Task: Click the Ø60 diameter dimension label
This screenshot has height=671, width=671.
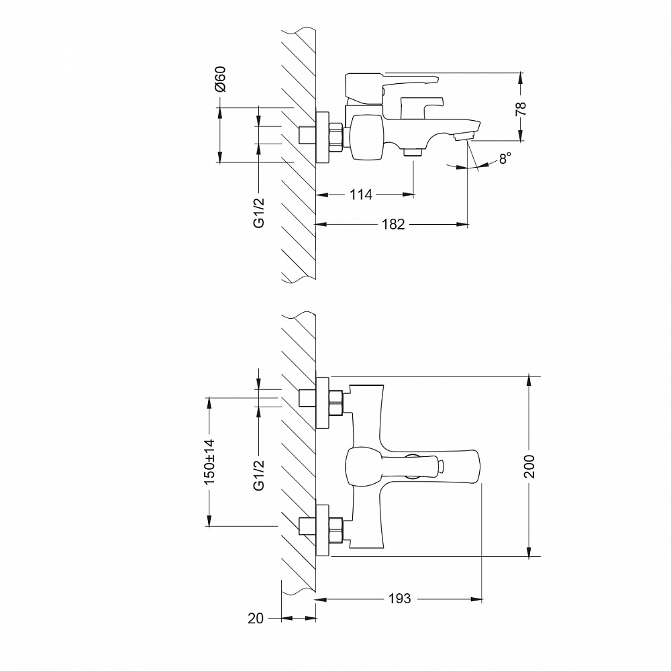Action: pyautogui.click(x=220, y=79)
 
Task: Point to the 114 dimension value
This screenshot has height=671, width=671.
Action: pyautogui.click(x=360, y=195)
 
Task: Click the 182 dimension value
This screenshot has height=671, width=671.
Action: pyautogui.click(x=393, y=225)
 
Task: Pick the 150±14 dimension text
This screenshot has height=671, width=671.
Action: pyautogui.click(x=209, y=462)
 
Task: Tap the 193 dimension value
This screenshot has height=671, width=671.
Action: pyautogui.click(x=399, y=599)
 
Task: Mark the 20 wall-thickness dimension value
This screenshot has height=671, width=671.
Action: pyautogui.click(x=256, y=619)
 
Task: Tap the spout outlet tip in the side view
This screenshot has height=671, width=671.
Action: pyautogui.click(x=463, y=137)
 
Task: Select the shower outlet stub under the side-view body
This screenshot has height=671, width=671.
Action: pyautogui.click(x=412, y=152)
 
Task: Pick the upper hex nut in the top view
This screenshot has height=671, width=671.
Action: pyautogui.click(x=335, y=403)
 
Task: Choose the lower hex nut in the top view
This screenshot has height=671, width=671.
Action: pyautogui.click(x=335, y=529)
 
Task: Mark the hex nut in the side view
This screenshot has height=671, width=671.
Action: pyautogui.click(x=335, y=136)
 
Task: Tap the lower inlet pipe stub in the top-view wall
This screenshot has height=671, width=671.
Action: pyautogui.click(x=307, y=526)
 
